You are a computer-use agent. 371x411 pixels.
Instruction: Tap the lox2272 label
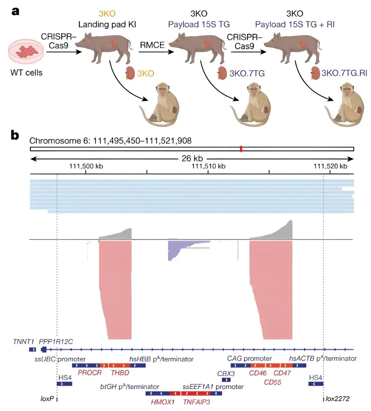tap(338, 399)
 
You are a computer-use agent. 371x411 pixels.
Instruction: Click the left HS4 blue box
tap(64, 384)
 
